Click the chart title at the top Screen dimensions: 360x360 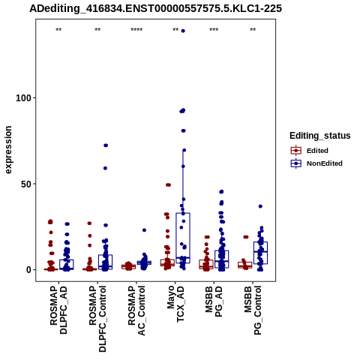tap(155, 8)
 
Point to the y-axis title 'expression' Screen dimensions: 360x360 tap(8, 150)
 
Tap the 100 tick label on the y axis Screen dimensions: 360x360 tap(22, 97)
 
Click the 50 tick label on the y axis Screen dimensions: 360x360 tap(25, 184)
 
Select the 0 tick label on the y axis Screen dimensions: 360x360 tap(28, 270)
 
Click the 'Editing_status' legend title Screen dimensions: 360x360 tap(320, 136)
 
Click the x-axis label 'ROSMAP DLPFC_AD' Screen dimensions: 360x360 tap(58, 310)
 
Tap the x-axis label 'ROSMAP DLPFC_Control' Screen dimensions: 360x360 tap(97, 319)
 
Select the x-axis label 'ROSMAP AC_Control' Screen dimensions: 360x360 tap(136, 310)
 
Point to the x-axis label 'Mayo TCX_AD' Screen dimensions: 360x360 tap(175, 304)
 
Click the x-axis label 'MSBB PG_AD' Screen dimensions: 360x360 tap(214, 301)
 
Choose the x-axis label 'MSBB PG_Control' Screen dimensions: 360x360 tap(253, 310)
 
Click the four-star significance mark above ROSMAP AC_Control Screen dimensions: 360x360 tap(136, 30)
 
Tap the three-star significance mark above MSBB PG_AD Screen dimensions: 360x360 tap(214, 30)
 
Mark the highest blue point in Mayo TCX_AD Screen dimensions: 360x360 tap(183, 31)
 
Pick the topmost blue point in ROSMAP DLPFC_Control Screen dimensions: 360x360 tap(106, 145)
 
